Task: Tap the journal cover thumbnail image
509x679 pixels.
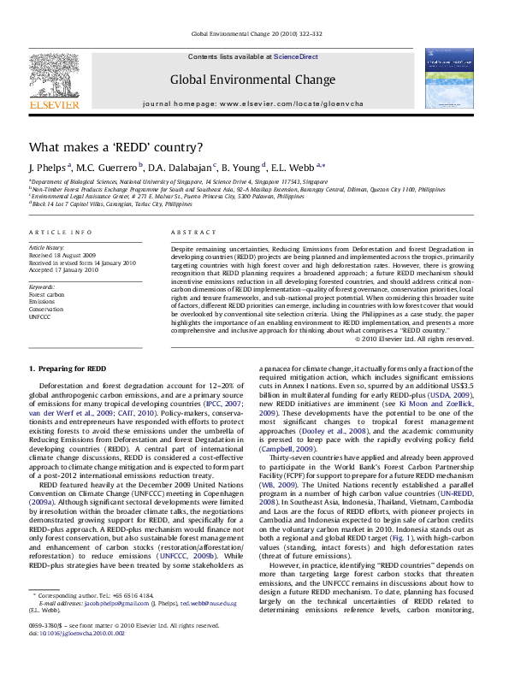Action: click(447, 78)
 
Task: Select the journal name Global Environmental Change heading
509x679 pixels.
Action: click(252, 80)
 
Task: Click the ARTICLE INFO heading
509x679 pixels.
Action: click(60, 233)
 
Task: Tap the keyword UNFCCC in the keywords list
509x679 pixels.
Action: click(40, 316)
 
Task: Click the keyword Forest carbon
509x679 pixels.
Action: click(46, 293)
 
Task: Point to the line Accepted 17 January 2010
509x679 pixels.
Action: click(63, 269)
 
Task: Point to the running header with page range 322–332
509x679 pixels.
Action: click(257, 33)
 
